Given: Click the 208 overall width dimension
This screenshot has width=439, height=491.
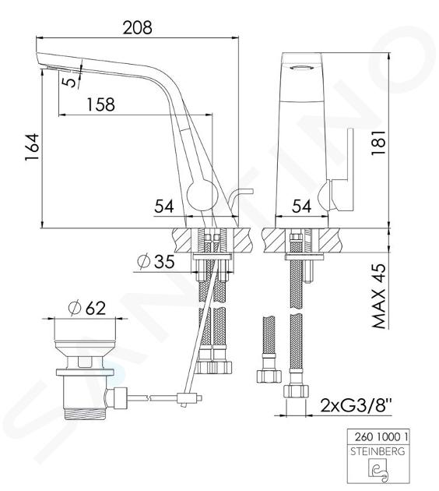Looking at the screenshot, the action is (137, 27).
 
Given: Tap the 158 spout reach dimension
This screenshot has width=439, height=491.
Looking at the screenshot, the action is (100, 104).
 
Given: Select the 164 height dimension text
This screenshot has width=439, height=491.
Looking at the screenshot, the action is (32, 147).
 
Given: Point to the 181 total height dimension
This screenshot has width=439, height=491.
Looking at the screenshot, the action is (378, 143).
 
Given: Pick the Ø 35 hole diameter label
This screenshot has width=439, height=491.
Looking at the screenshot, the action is (156, 261).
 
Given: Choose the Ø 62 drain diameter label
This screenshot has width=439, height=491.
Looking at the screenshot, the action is (86, 308).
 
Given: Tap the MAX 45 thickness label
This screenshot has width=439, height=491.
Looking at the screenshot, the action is (378, 296).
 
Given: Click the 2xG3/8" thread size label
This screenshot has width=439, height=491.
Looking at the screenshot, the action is (356, 406).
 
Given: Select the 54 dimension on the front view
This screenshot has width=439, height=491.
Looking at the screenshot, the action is (164, 207).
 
